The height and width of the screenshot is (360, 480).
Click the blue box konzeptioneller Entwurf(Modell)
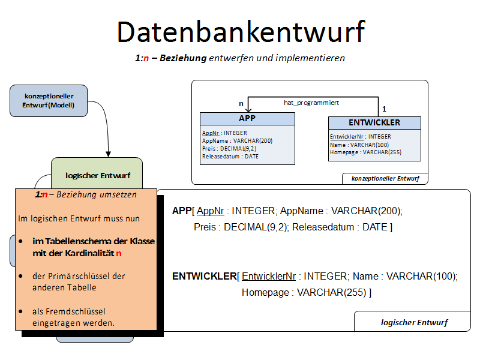(49, 101)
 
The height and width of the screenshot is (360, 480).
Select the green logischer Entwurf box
(97, 175)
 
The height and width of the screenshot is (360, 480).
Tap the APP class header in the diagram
(247, 119)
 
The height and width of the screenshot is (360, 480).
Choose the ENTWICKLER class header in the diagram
(374, 123)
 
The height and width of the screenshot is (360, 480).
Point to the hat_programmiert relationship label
(311, 103)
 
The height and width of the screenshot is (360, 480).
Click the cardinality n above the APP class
(241, 104)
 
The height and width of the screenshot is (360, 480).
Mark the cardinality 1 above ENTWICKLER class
(384, 109)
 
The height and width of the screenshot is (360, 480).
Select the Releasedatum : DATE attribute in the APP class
(230, 156)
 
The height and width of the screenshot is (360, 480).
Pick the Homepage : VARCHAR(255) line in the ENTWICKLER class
(365, 152)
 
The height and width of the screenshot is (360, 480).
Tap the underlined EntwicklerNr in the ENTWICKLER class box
(345, 137)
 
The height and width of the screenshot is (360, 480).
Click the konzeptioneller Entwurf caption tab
(385, 178)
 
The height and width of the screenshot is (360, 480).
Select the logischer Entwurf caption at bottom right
(414, 322)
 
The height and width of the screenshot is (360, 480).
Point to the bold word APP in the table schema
(181, 211)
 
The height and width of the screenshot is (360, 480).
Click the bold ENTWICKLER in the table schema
(204, 277)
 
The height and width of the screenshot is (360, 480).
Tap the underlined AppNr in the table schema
(211, 211)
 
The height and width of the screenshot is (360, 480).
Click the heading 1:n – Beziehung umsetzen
(86, 195)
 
